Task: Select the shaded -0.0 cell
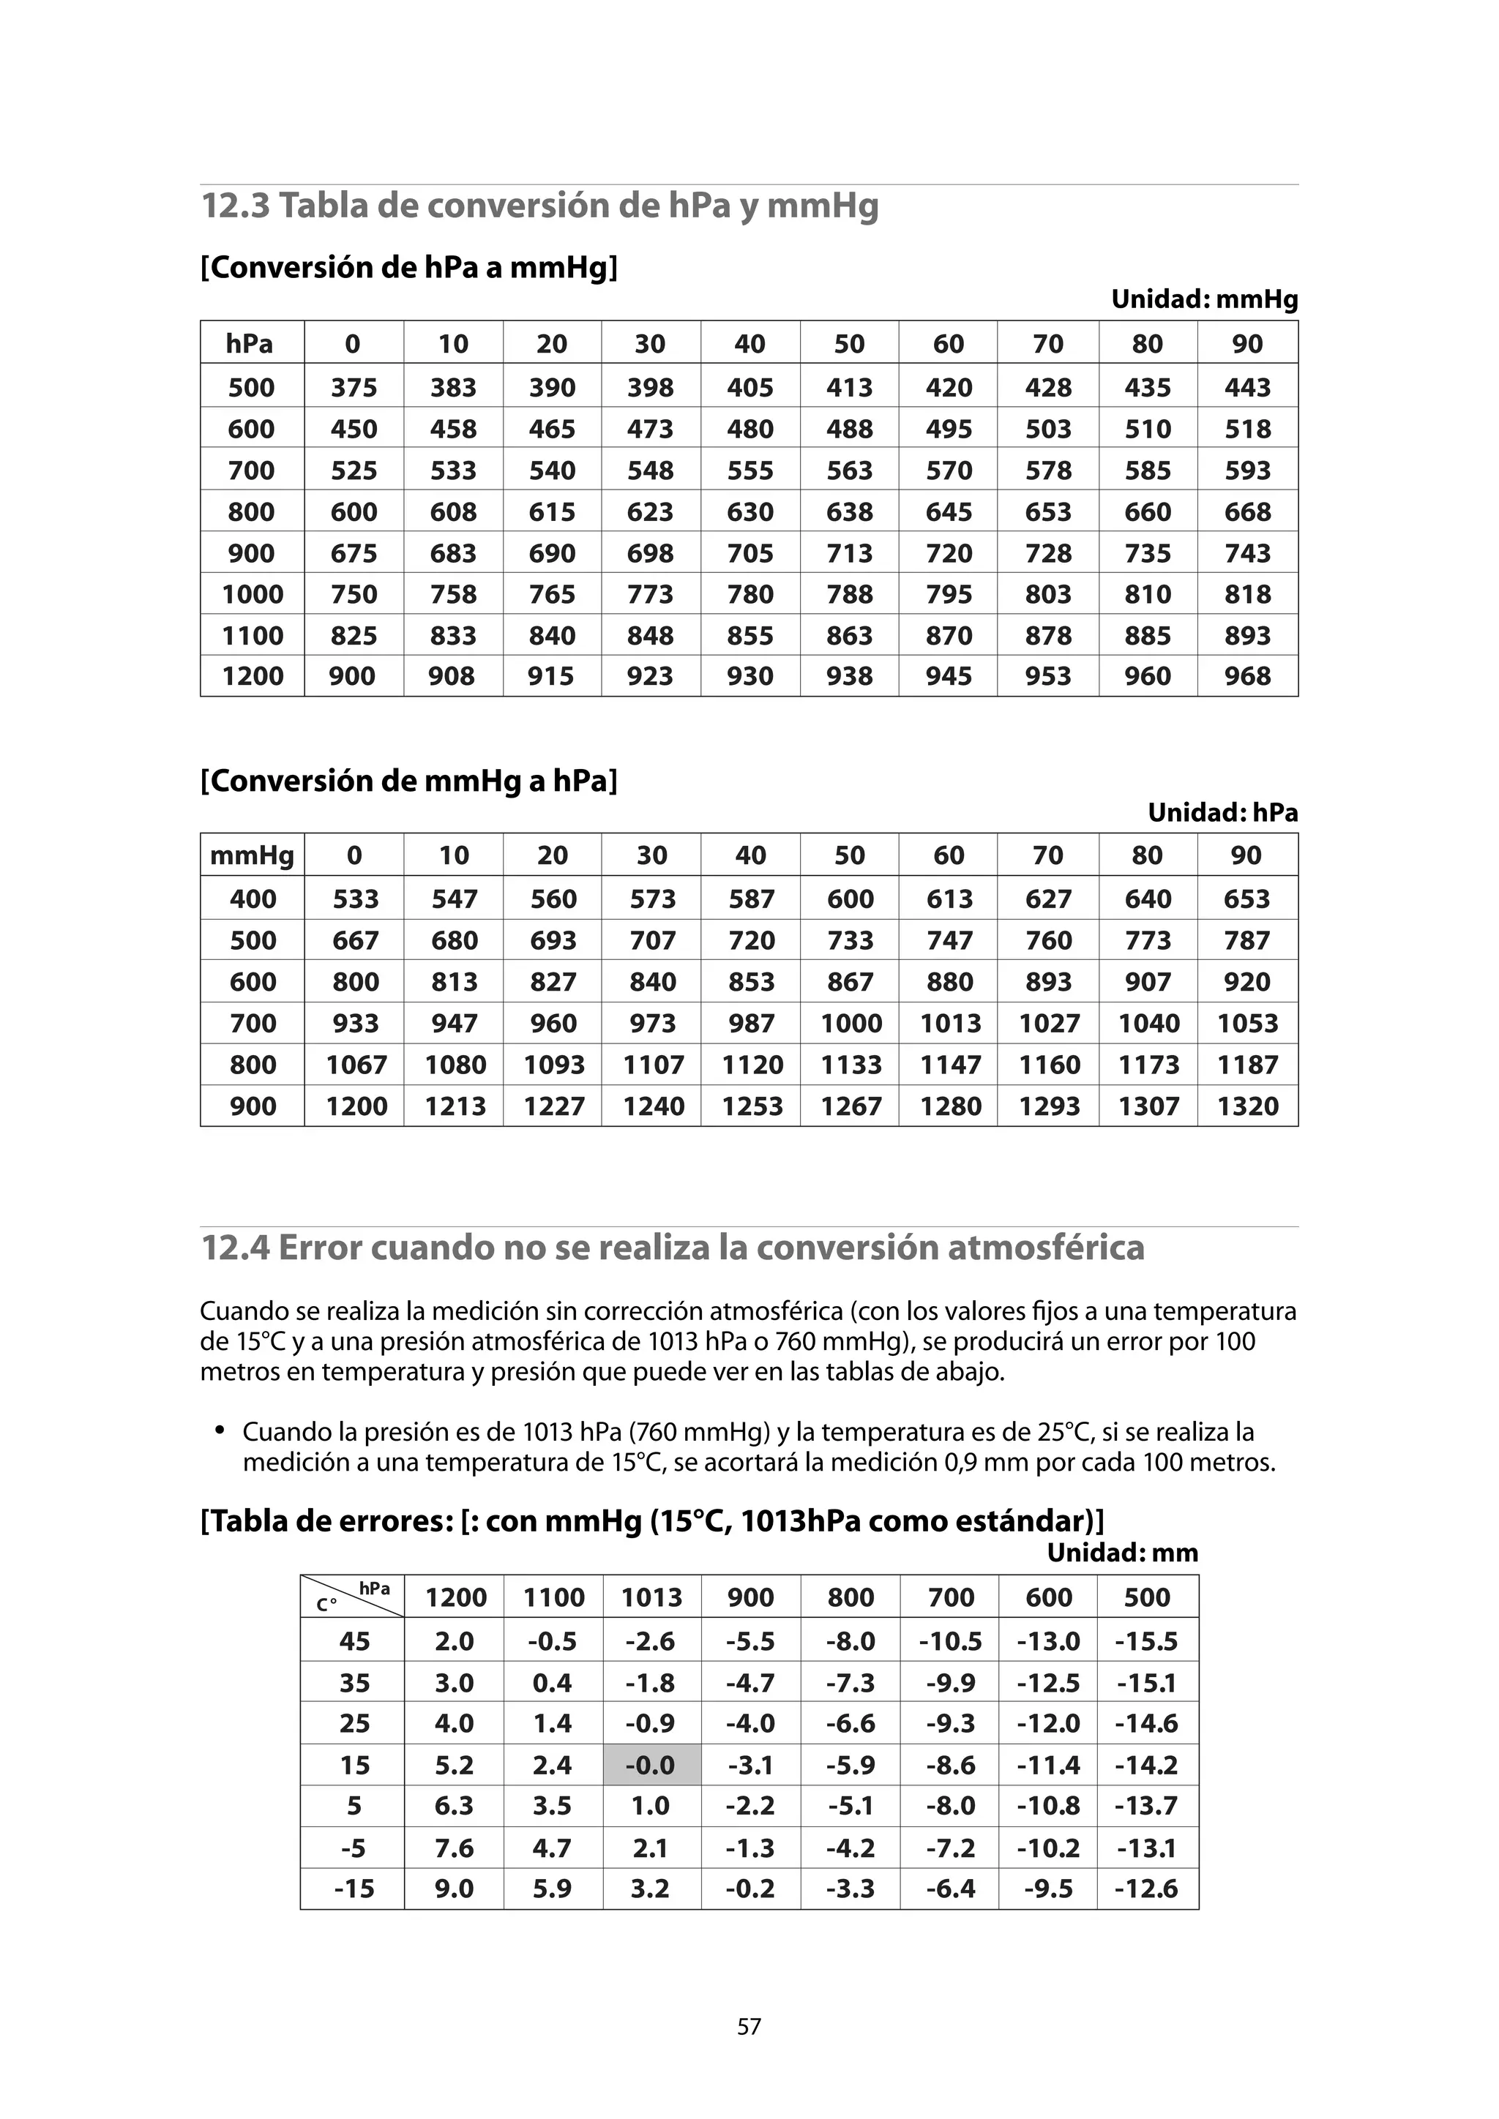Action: coord(651,1765)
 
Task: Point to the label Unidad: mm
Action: coord(1121,1553)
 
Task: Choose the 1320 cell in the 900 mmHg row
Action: coord(1247,1106)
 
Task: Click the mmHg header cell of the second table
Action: coord(252,855)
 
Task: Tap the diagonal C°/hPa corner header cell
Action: coord(353,1597)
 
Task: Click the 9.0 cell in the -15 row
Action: coord(454,1889)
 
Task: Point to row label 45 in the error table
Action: coord(354,1641)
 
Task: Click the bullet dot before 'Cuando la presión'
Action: coord(220,1430)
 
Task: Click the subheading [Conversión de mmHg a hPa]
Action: coord(409,781)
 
